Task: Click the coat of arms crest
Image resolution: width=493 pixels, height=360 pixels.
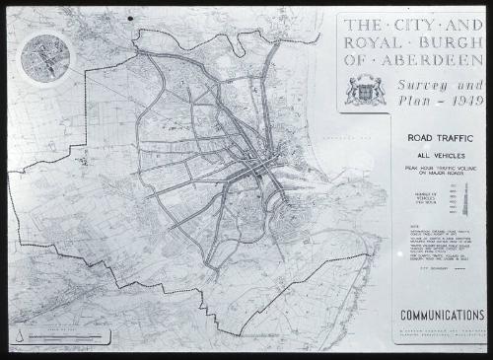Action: [363, 90]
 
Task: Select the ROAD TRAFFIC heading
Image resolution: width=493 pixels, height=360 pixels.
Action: [429, 139]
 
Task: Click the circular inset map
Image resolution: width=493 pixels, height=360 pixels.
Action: [45, 56]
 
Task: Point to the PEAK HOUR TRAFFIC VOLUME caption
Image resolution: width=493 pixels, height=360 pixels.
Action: [429, 172]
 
